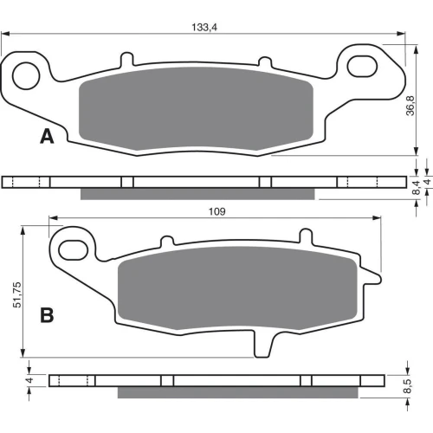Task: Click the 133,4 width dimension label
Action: (204, 28)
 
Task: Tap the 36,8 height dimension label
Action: (410, 106)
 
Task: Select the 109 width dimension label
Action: (216, 211)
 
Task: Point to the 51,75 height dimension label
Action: (17, 294)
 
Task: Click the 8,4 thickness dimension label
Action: (417, 187)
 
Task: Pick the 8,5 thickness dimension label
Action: (407, 386)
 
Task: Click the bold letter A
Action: (47, 136)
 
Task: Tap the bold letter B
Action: (47, 315)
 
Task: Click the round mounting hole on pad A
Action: (26, 76)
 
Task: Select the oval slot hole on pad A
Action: (362, 67)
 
